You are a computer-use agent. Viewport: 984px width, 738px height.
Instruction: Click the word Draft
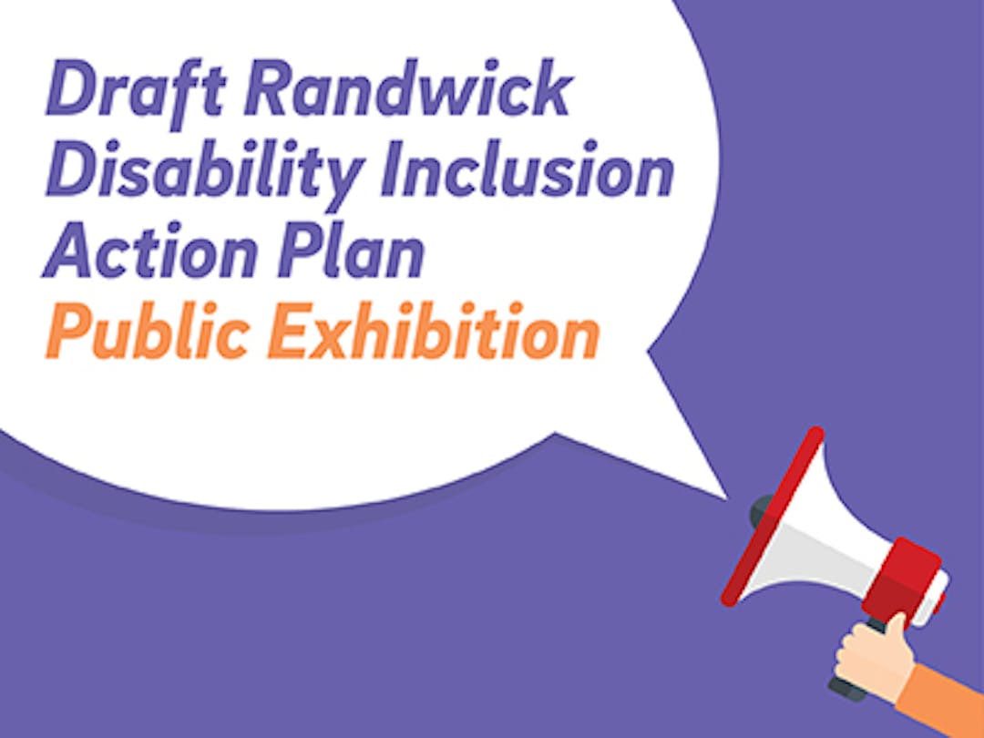click(136, 90)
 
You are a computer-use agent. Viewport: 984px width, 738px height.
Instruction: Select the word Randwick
click(407, 87)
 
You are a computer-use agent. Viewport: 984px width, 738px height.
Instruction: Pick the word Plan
click(352, 250)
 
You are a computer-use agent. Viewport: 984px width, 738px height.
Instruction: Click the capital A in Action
click(69, 250)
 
